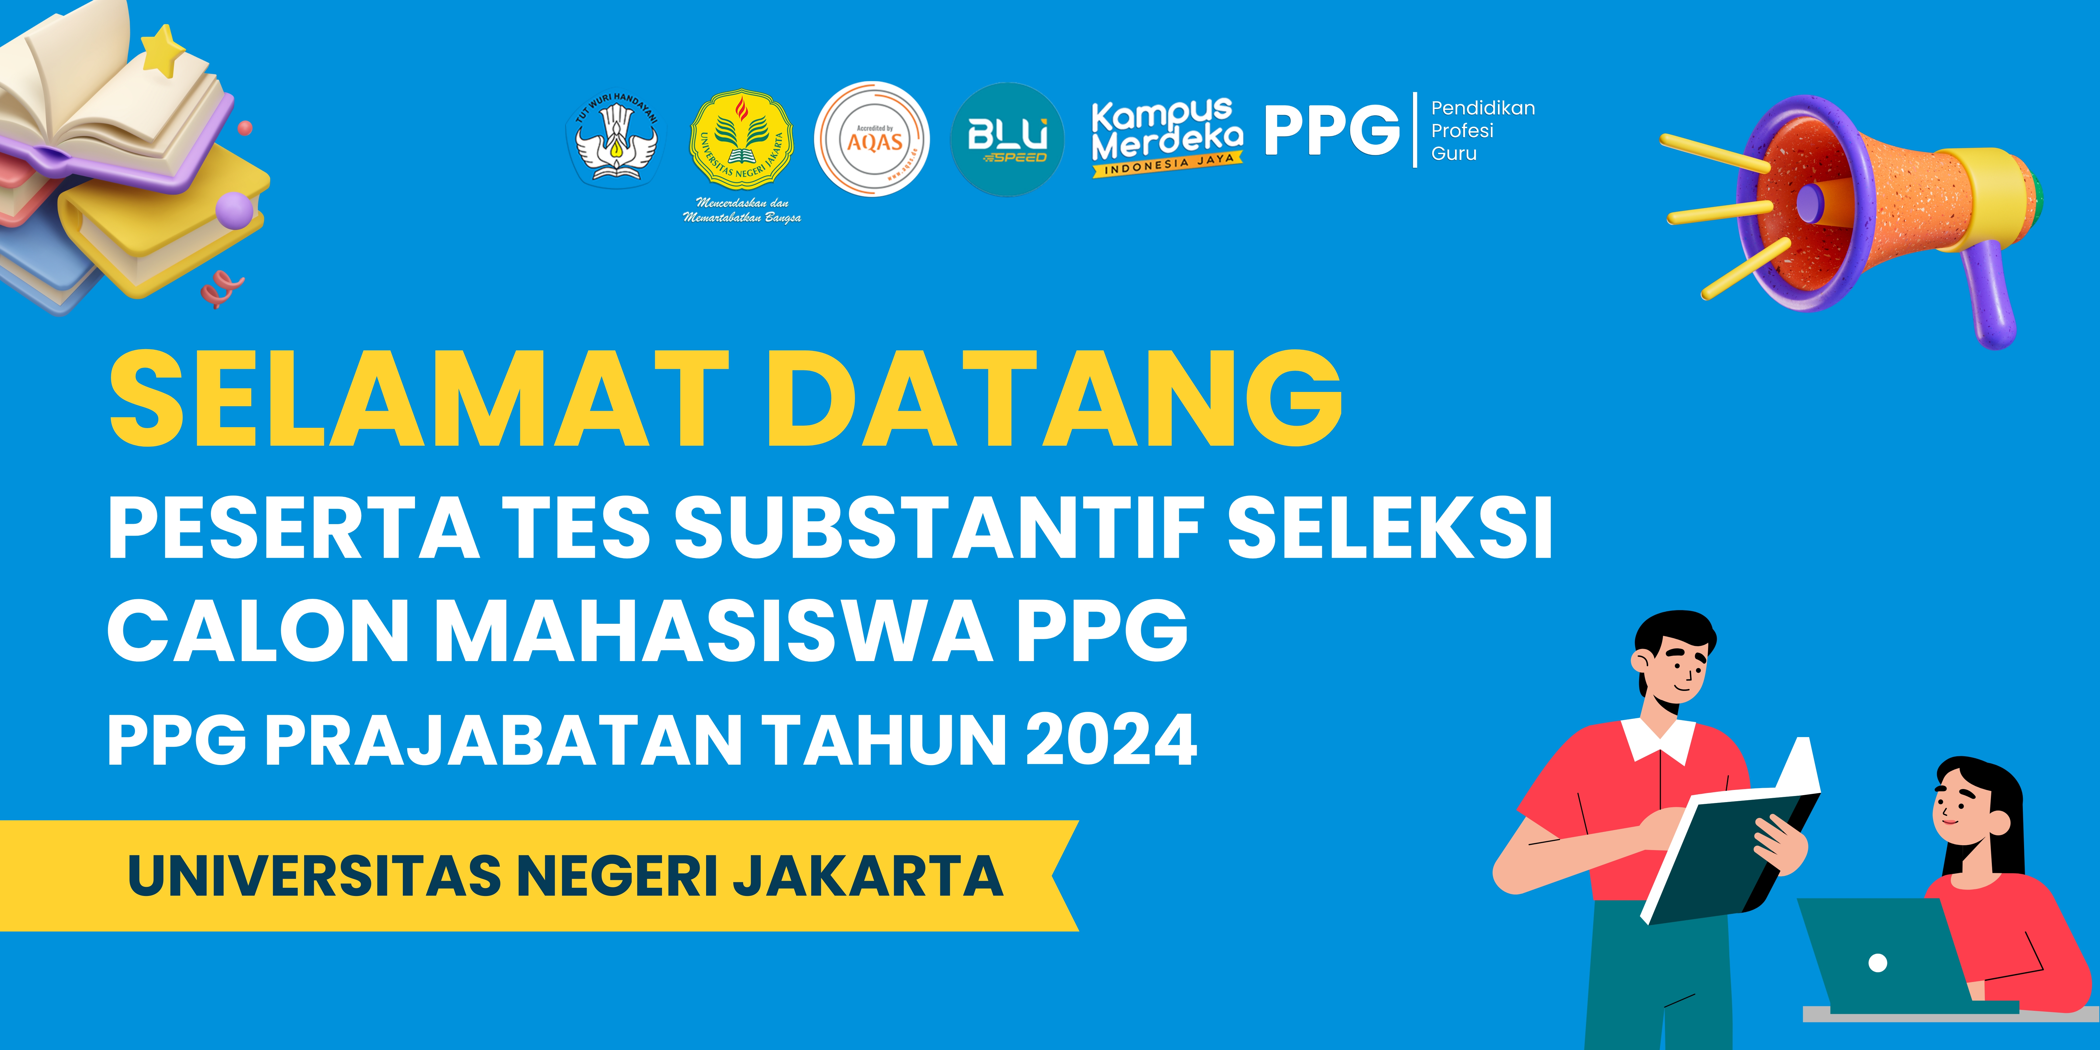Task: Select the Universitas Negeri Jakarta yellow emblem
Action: coord(741,140)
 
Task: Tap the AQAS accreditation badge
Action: coord(871,139)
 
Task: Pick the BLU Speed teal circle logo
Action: coord(1007,139)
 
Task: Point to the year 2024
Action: coord(1111,739)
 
